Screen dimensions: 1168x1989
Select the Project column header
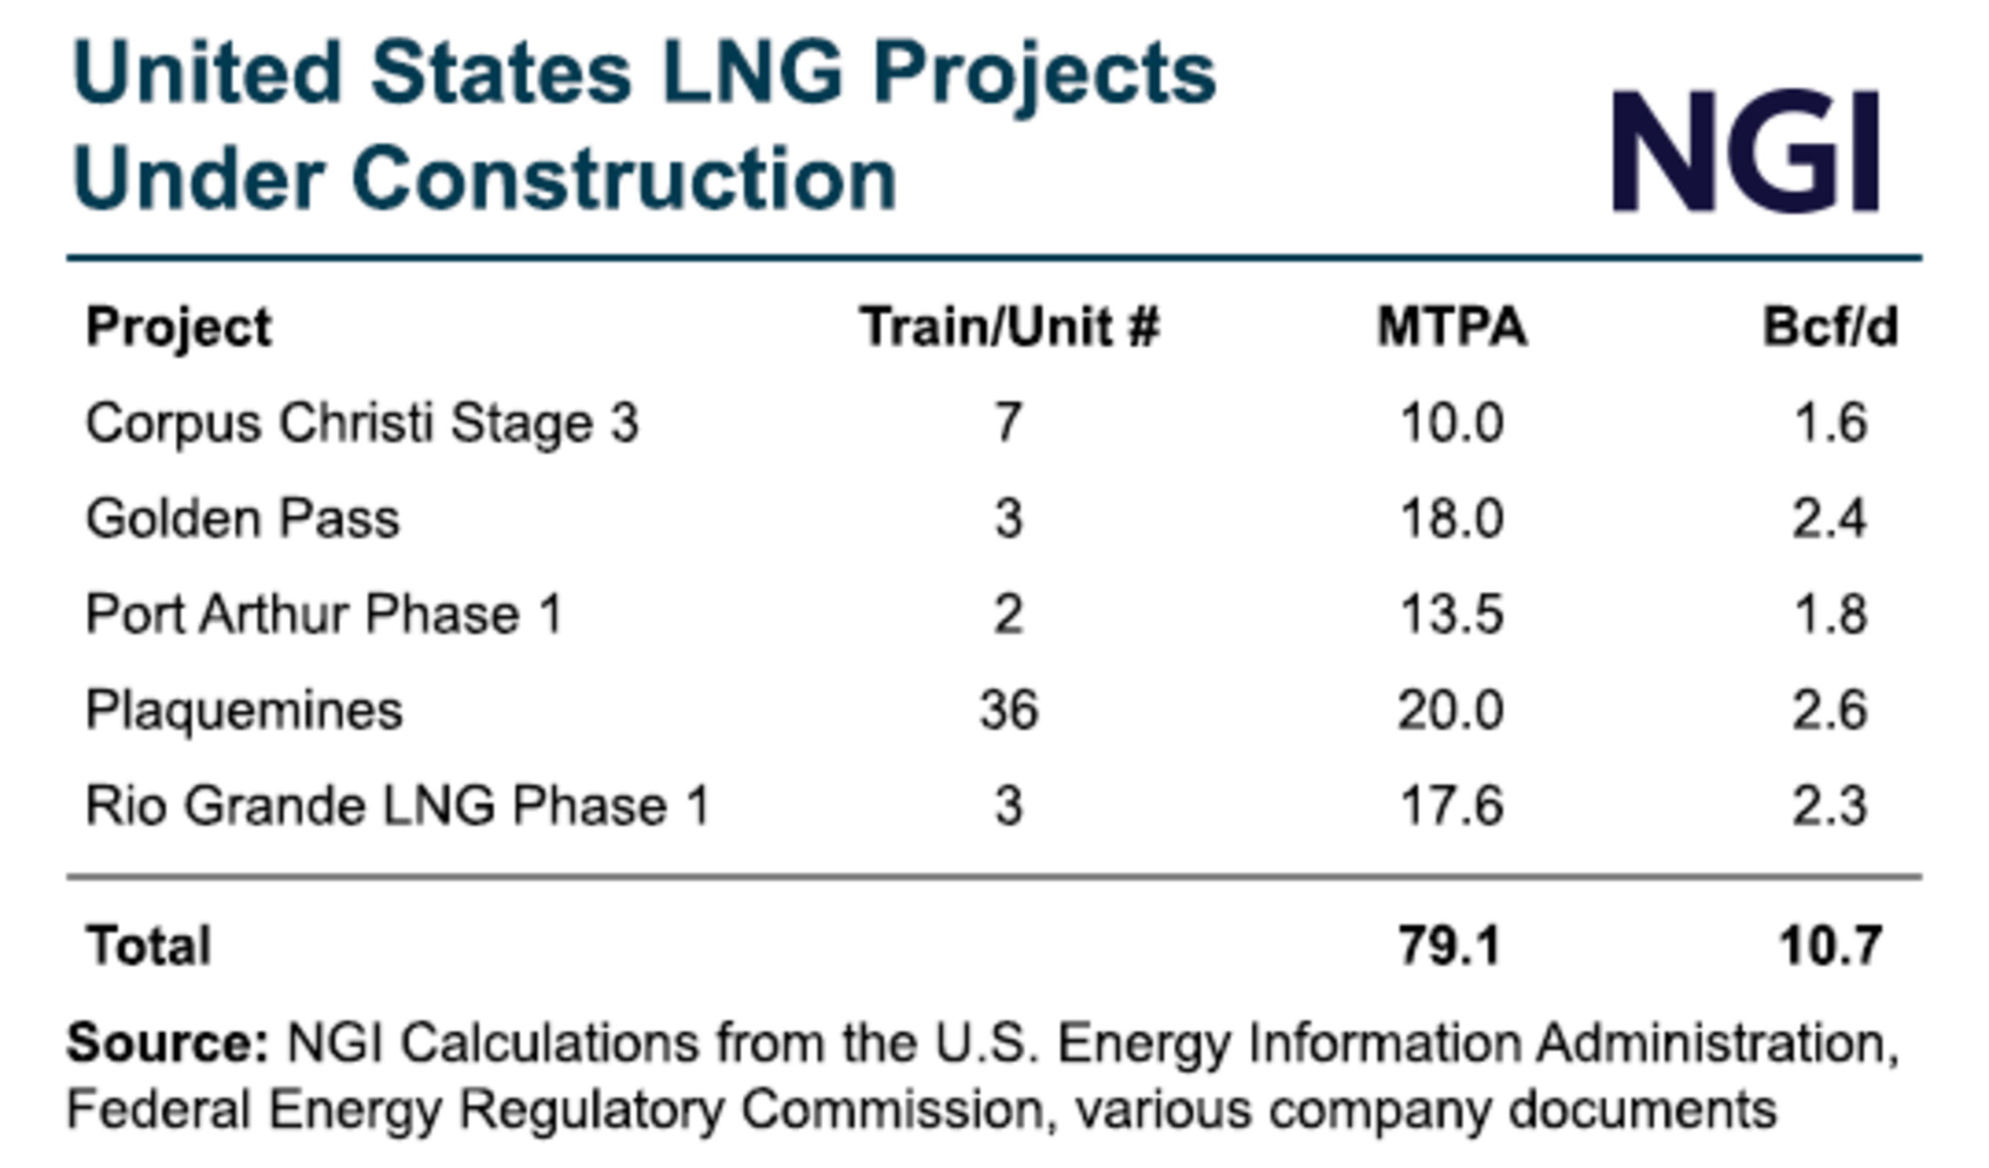click(179, 329)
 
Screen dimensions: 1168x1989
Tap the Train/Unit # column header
click(1009, 327)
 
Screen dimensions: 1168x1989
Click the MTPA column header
click(1451, 327)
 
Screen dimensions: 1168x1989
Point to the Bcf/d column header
click(1830, 327)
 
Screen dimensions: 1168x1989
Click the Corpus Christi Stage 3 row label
click(362, 424)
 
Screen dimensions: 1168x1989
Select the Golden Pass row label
click(243, 519)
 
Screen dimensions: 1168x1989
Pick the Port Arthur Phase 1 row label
click(324, 614)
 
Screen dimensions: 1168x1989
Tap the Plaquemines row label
click(244, 710)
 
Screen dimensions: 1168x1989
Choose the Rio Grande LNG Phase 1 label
click(398, 806)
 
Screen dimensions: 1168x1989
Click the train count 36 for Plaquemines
click(1008, 710)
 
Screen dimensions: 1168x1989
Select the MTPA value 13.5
click(1451, 614)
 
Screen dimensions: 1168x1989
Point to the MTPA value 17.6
click(1451, 806)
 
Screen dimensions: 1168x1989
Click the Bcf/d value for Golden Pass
click(1829, 519)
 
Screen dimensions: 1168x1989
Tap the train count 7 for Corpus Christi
click(1008, 424)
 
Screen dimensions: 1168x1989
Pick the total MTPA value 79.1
click(1450, 946)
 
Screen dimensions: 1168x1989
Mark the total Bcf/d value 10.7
click(1830, 946)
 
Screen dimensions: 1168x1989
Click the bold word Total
click(149, 946)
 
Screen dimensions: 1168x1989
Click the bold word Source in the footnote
click(168, 1043)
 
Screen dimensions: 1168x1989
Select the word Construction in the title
click(624, 179)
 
